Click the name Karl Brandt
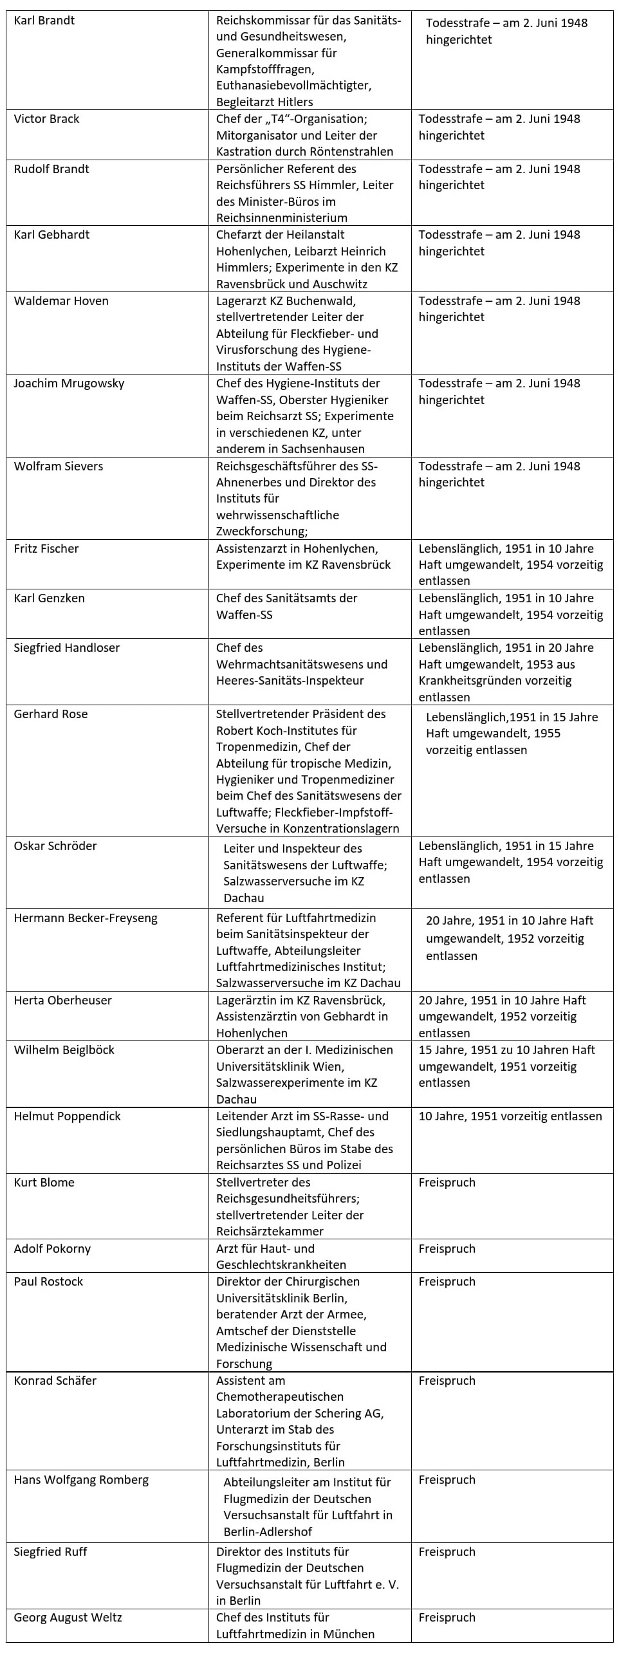coord(44,21)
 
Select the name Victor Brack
coord(46,119)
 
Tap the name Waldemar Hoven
coord(61,301)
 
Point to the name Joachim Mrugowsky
coord(69,384)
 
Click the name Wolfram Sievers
coord(58,467)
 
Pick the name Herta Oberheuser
coord(62,1001)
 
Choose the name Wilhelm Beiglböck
coord(64,1050)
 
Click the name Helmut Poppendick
coord(67,1116)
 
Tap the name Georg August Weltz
coord(68,1618)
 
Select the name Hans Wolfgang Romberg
coord(81,1480)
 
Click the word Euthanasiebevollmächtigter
coord(293,86)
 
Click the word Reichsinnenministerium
coord(282,218)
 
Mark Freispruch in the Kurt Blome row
coord(447,1183)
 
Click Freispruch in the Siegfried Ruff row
coord(447,1552)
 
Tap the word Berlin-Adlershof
coord(268,1532)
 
